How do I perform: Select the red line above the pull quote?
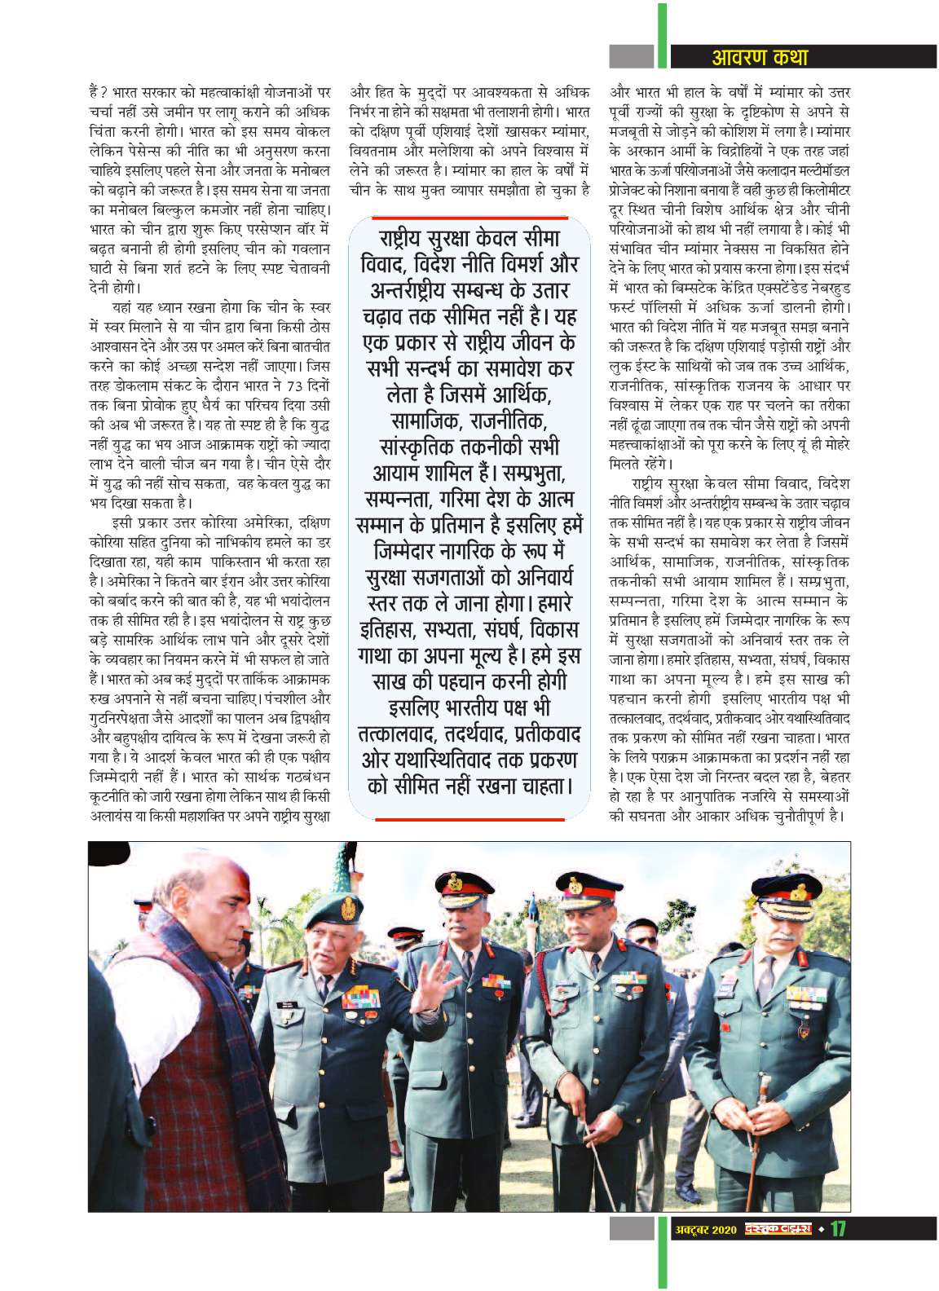(x=469, y=218)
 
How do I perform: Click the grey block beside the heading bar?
(x=633, y=56)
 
